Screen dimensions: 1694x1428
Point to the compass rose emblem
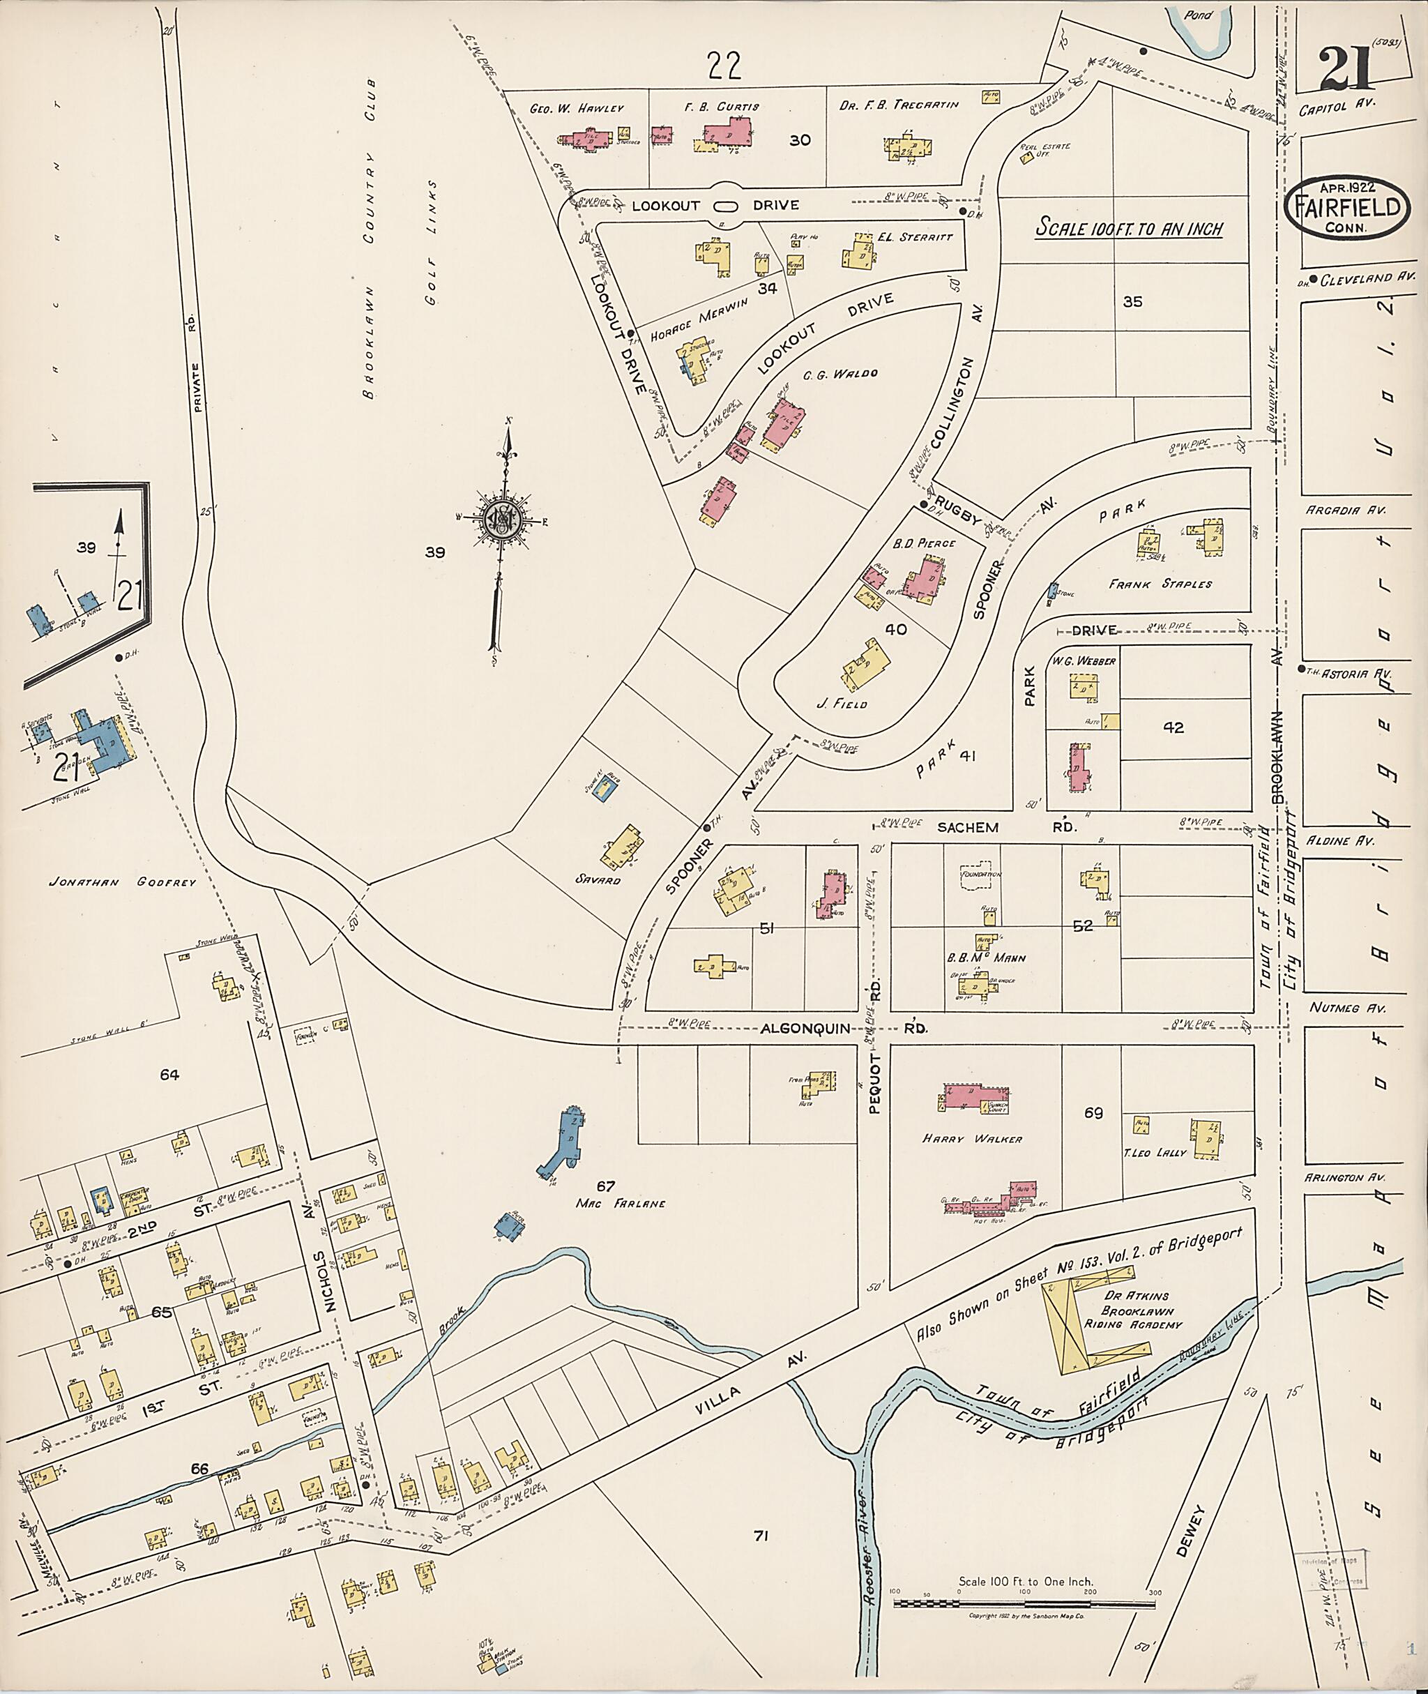[500, 517]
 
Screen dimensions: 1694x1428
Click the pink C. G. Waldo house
[784, 422]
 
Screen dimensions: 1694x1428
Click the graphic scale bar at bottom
[1024, 1603]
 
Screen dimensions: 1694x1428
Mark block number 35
[1132, 301]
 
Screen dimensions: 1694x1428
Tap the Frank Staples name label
[1160, 583]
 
